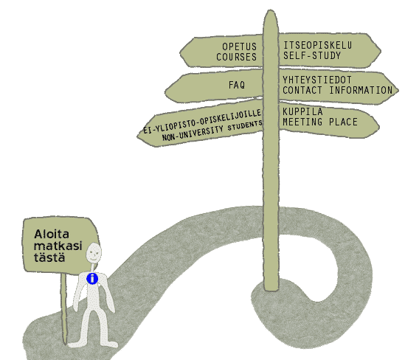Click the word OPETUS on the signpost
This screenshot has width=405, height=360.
[240, 46]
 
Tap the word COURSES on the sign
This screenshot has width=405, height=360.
[237, 57]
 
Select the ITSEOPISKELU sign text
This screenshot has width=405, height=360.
[318, 46]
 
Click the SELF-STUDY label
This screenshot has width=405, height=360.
[312, 55]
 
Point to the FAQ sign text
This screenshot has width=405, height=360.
[237, 85]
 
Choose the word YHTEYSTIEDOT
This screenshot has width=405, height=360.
[317, 80]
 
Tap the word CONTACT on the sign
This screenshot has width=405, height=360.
[302, 91]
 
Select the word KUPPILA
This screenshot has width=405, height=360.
[302, 112]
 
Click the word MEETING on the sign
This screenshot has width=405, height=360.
[302, 122]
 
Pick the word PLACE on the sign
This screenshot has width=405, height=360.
[343, 122]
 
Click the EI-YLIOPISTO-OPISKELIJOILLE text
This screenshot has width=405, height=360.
[202, 121]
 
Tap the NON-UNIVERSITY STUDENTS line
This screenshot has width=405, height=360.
[212, 131]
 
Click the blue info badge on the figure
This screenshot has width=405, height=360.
[92, 279]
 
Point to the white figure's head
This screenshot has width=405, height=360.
[94, 252]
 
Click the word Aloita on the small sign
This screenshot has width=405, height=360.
[52, 235]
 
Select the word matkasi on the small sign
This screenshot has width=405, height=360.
[58, 246]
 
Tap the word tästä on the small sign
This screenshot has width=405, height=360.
[49, 257]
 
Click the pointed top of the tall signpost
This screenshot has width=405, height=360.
[271, 10]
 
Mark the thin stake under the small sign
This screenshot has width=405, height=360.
[63, 308]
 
